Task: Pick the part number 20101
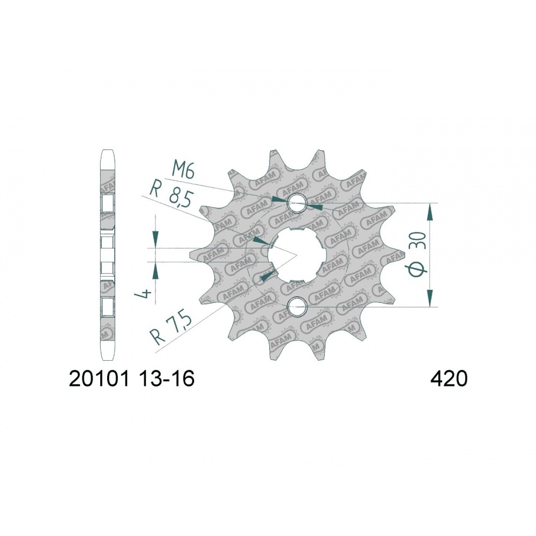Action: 99,379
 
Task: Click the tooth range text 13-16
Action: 167,379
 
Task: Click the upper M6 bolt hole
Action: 297,203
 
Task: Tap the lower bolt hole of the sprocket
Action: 297,307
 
